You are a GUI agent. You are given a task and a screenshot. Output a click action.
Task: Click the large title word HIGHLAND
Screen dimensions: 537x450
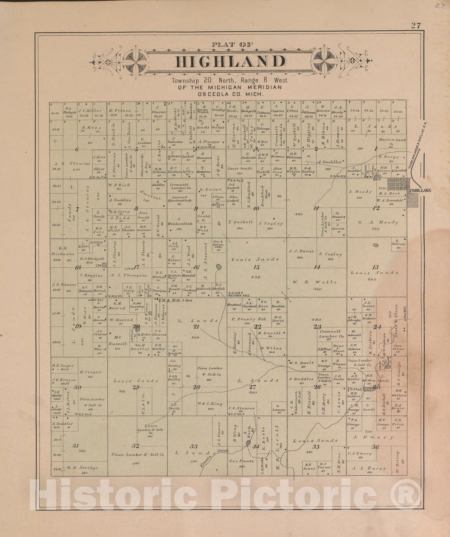pyautogui.click(x=230, y=62)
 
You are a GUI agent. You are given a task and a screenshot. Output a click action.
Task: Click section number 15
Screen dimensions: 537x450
pyautogui.click(x=257, y=267)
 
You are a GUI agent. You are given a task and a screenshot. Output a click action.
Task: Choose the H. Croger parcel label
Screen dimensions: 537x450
pyautogui.click(x=91, y=372)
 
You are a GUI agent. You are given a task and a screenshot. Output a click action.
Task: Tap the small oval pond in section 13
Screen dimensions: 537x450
pyautogui.click(x=376, y=245)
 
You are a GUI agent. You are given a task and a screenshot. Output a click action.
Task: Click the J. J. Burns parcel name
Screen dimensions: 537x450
pyautogui.click(x=301, y=251)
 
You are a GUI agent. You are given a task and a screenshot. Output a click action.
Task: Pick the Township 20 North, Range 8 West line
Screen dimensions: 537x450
pyautogui.click(x=229, y=80)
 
